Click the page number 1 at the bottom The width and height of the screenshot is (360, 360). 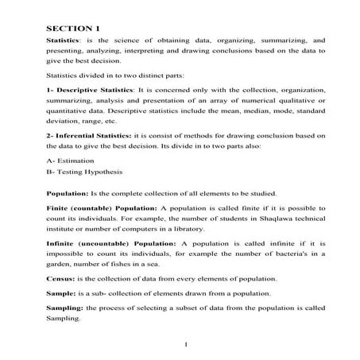click(184, 344)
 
